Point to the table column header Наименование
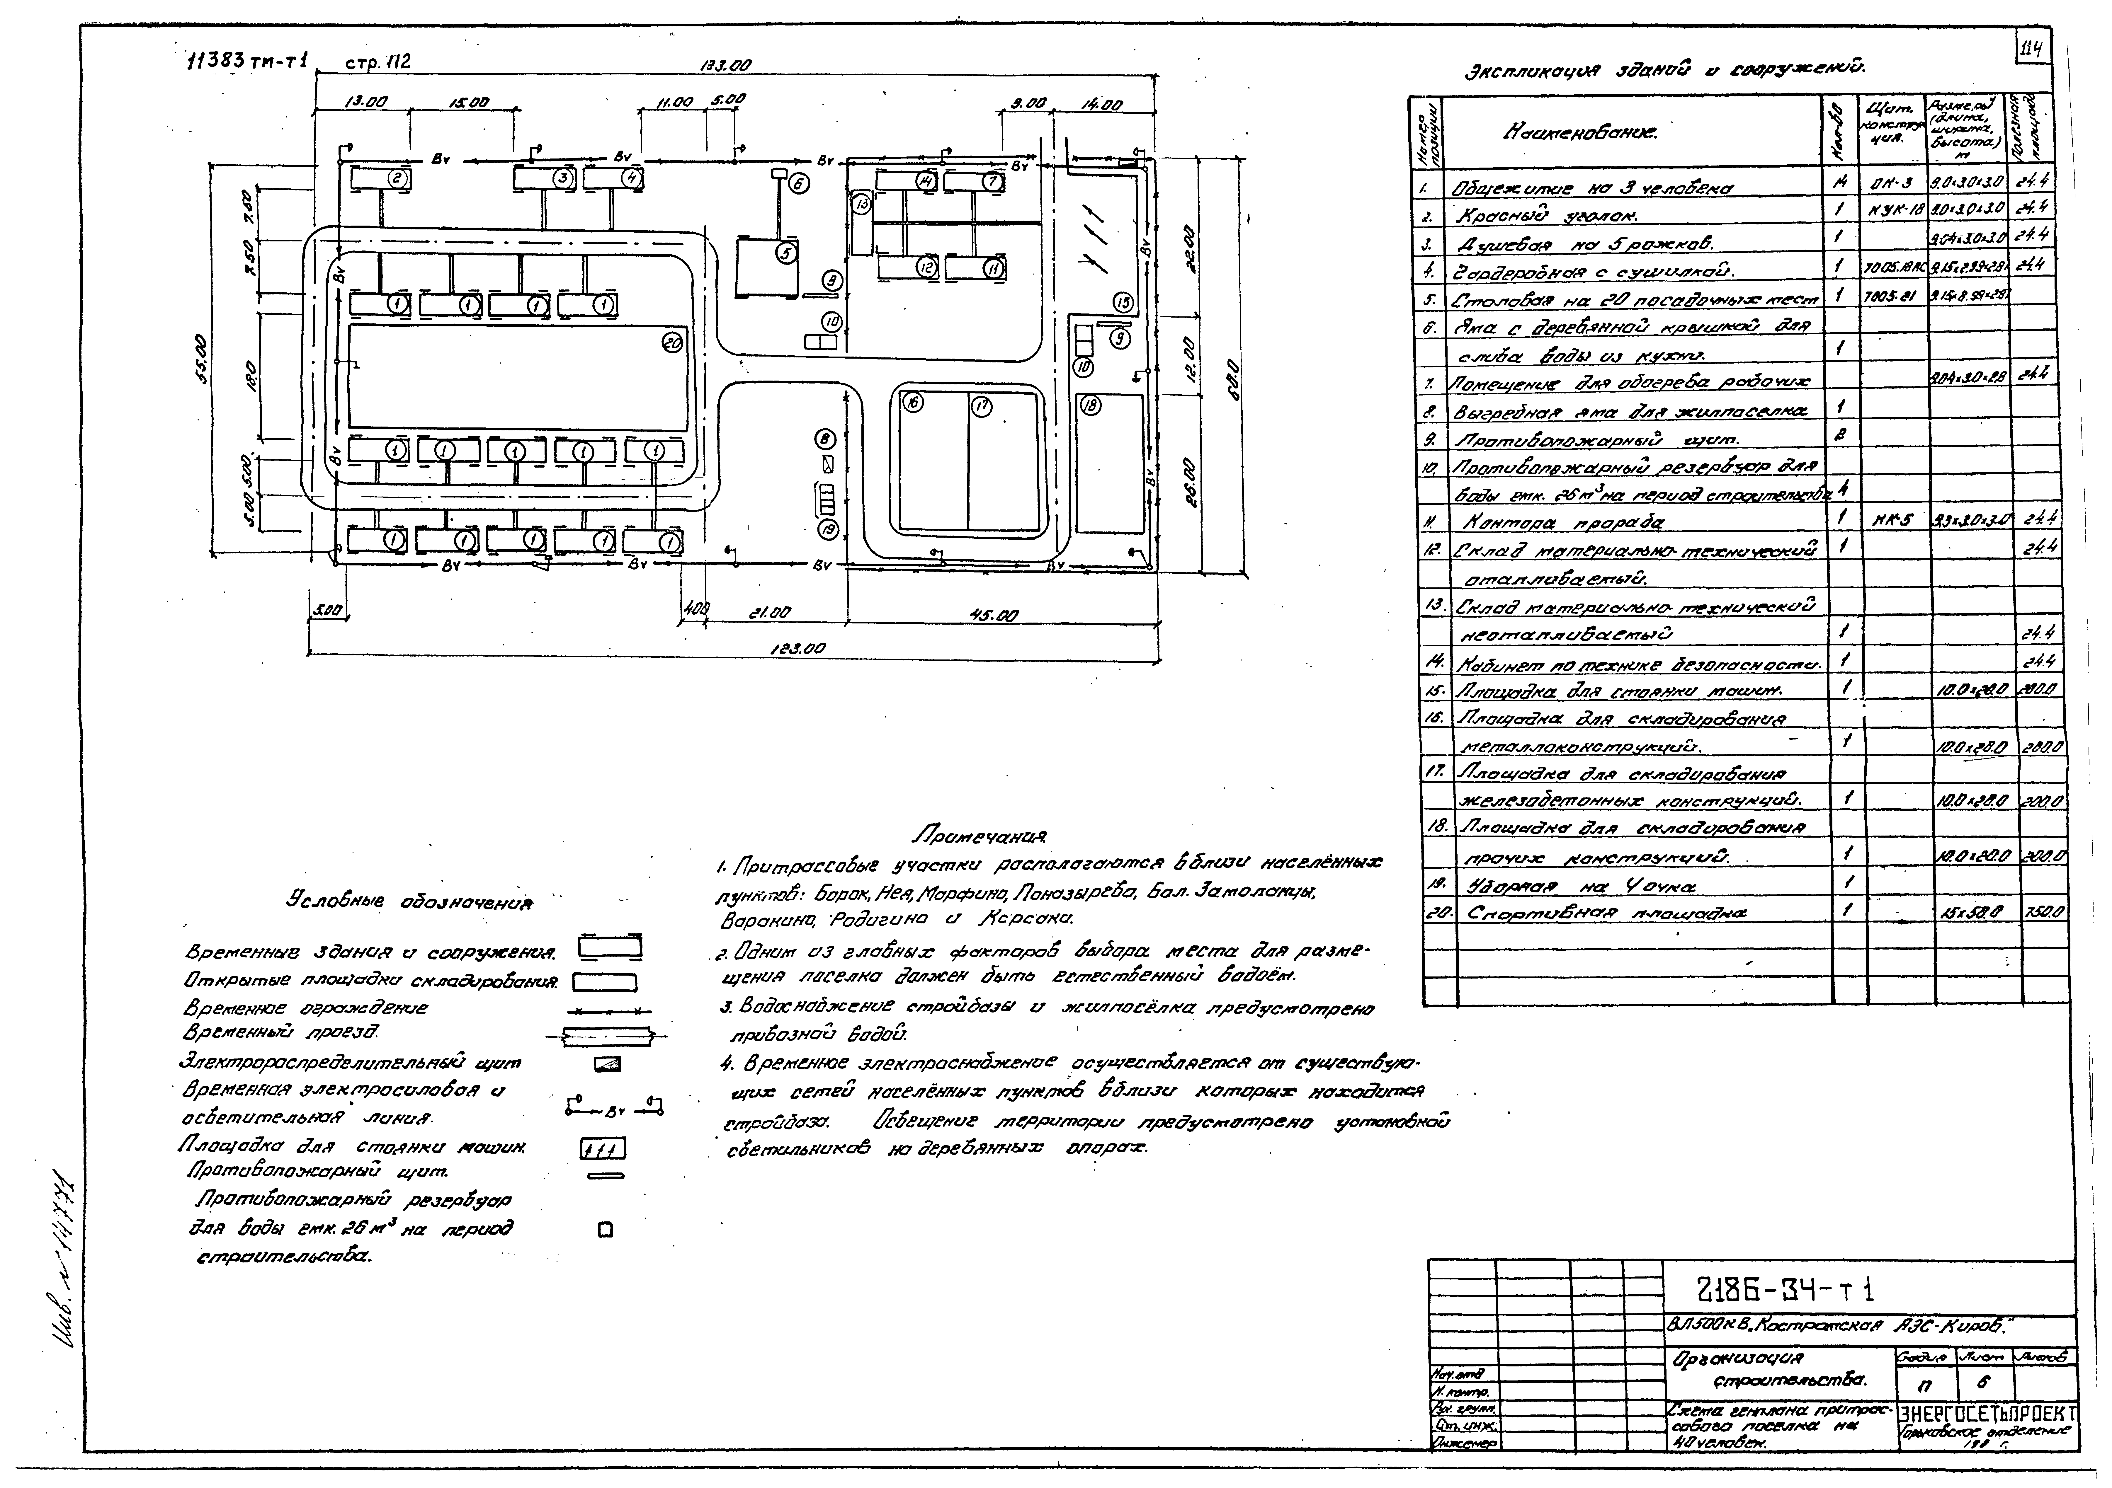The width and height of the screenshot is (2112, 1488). pos(1579,133)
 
